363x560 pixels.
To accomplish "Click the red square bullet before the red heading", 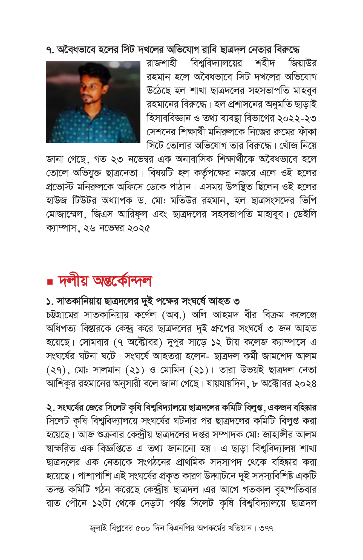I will [50, 282].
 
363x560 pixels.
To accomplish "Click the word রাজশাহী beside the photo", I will [162, 63].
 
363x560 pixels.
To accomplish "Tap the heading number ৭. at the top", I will [50, 50].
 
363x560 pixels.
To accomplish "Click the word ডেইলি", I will [305, 214].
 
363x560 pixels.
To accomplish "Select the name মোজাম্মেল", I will [64, 214].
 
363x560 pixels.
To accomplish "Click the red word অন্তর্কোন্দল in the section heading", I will [122, 281].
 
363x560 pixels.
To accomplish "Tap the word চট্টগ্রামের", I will [62, 315].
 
